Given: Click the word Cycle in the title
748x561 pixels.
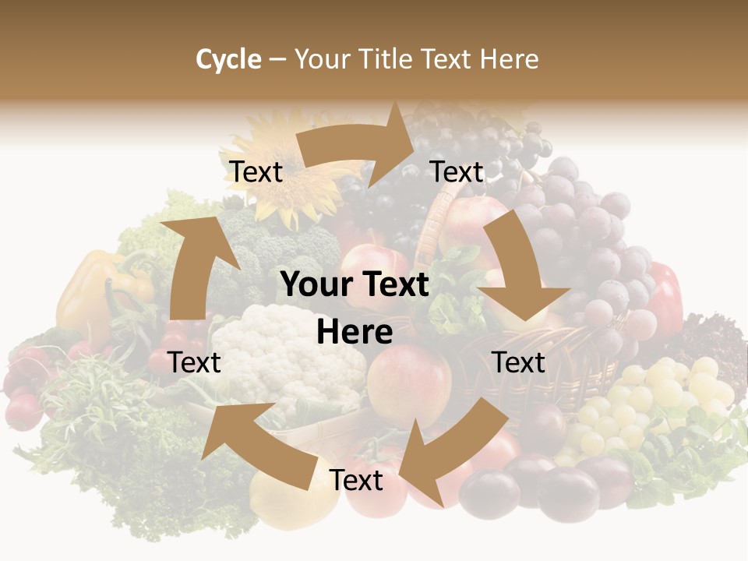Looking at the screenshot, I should coord(228,59).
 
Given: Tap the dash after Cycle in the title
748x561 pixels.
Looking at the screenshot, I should coord(277,60).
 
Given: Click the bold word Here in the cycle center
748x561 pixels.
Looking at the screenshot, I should coord(355,333).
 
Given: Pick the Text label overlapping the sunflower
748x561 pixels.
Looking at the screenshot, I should coord(256,172).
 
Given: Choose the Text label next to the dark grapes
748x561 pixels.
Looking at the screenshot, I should coord(457,172).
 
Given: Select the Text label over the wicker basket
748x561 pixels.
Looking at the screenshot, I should coord(519,363).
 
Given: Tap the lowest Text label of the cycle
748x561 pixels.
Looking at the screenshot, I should coord(356,481).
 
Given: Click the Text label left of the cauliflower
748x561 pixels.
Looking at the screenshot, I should coord(195,363).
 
